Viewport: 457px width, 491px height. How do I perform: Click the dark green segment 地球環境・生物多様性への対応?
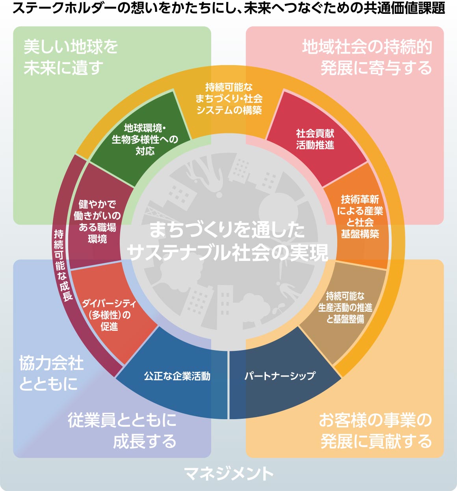click(145, 139)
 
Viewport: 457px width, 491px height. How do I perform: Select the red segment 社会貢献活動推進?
click(315, 139)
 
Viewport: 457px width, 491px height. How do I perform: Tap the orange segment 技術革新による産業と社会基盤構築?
click(359, 217)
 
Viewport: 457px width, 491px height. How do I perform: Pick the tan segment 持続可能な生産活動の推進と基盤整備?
click(345, 307)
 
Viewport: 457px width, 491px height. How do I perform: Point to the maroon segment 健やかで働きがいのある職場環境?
click(97, 221)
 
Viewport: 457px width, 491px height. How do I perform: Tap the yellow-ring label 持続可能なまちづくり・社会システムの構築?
click(228, 98)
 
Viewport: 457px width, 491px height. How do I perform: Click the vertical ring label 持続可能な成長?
click(63, 265)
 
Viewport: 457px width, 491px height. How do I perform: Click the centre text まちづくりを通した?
click(227, 230)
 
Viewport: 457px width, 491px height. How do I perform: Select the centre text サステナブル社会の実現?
click(227, 253)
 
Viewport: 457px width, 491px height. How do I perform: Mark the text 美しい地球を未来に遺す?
click(71, 58)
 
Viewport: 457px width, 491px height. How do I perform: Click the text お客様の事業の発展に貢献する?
click(375, 431)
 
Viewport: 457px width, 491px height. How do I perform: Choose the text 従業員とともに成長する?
click(122, 431)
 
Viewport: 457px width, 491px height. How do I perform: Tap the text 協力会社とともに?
click(51, 373)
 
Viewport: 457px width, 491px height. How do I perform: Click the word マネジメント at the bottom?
click(228, 474)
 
